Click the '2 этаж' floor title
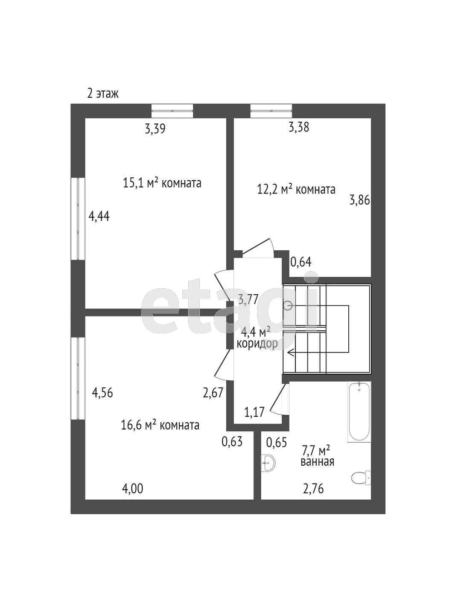click(103, 94)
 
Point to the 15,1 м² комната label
click(162, 183)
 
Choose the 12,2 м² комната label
click(296, 190)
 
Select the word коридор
click(257, 344)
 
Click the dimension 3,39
click(155, 129)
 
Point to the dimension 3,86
click(359, 200)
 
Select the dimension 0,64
click(301, 262)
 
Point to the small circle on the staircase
click(287, 305)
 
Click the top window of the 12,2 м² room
click(271, 111)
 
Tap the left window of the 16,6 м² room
click(78, 378)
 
